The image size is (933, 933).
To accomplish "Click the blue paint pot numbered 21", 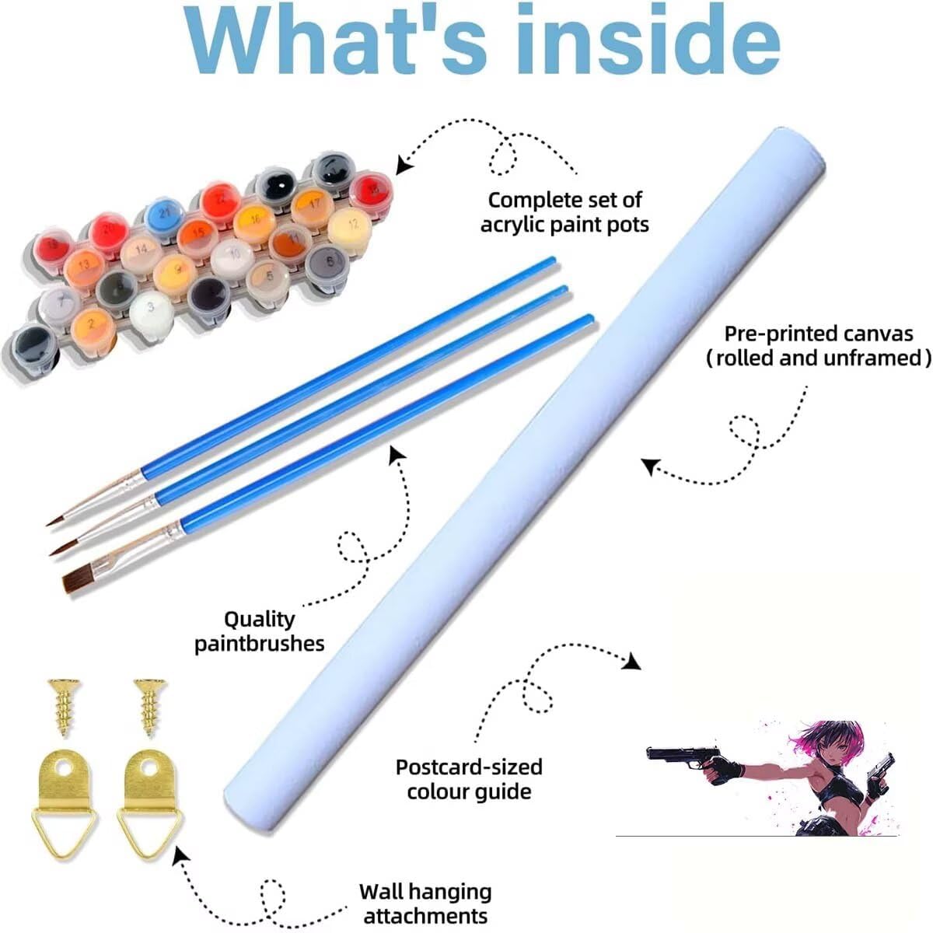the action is tap(165, 214).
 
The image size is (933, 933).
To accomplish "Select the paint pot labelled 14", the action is tap(141, 252).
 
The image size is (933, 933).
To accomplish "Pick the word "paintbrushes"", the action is tap(260, 645).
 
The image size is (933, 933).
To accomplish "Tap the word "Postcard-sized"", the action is tap(469, 767).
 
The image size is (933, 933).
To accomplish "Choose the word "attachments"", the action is tap(425, 902).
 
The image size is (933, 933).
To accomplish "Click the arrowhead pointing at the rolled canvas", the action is tap(652, 466).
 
